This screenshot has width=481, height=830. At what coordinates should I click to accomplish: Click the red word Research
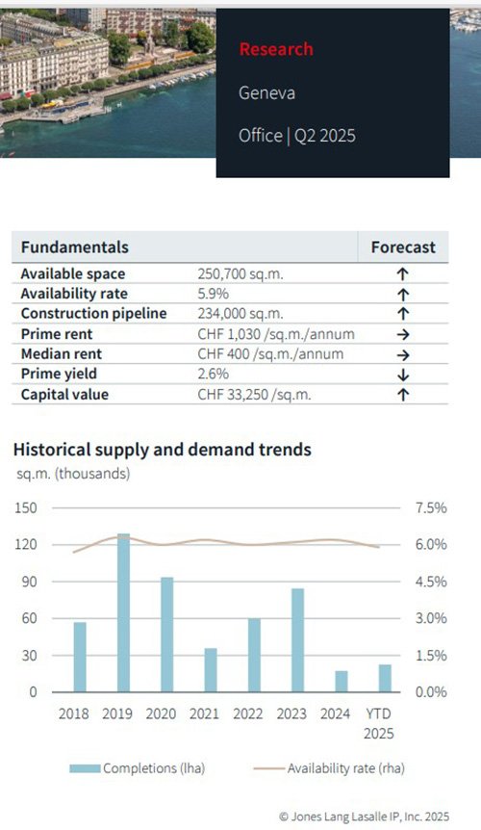(276, 49)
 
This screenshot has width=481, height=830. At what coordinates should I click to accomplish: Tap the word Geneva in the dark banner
(266, 92)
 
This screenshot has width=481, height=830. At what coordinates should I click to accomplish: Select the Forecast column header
(403, 247)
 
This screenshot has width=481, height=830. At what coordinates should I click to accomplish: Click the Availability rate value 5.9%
(213, 294)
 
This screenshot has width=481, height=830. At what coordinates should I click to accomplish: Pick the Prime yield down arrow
(403, 375)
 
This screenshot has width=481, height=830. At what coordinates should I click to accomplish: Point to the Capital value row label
(64, 395)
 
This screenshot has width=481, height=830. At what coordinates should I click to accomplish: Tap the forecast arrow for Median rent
(403, 355)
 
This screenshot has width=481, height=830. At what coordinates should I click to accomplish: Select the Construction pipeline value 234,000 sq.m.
(240, 313)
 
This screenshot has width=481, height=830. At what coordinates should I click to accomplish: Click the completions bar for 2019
(123, 612)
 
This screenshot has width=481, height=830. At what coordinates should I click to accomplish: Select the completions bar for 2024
(342, 682)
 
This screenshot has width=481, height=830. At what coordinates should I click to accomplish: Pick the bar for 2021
(211, 669)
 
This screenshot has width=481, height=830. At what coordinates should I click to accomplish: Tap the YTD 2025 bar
(385, 678)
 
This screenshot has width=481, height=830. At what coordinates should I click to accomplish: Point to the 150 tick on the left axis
(26, 507)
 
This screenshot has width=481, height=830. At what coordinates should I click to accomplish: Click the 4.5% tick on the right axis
(431, 582)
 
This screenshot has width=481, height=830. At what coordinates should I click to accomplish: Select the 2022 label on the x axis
(248, 713)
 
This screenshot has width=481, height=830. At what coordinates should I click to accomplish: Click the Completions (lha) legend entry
(137, 768)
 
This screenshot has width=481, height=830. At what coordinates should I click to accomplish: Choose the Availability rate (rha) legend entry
(329, 768)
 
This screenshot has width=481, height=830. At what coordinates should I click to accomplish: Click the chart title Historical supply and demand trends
(163, 450)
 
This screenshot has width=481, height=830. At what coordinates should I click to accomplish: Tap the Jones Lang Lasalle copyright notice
(365, 817)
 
